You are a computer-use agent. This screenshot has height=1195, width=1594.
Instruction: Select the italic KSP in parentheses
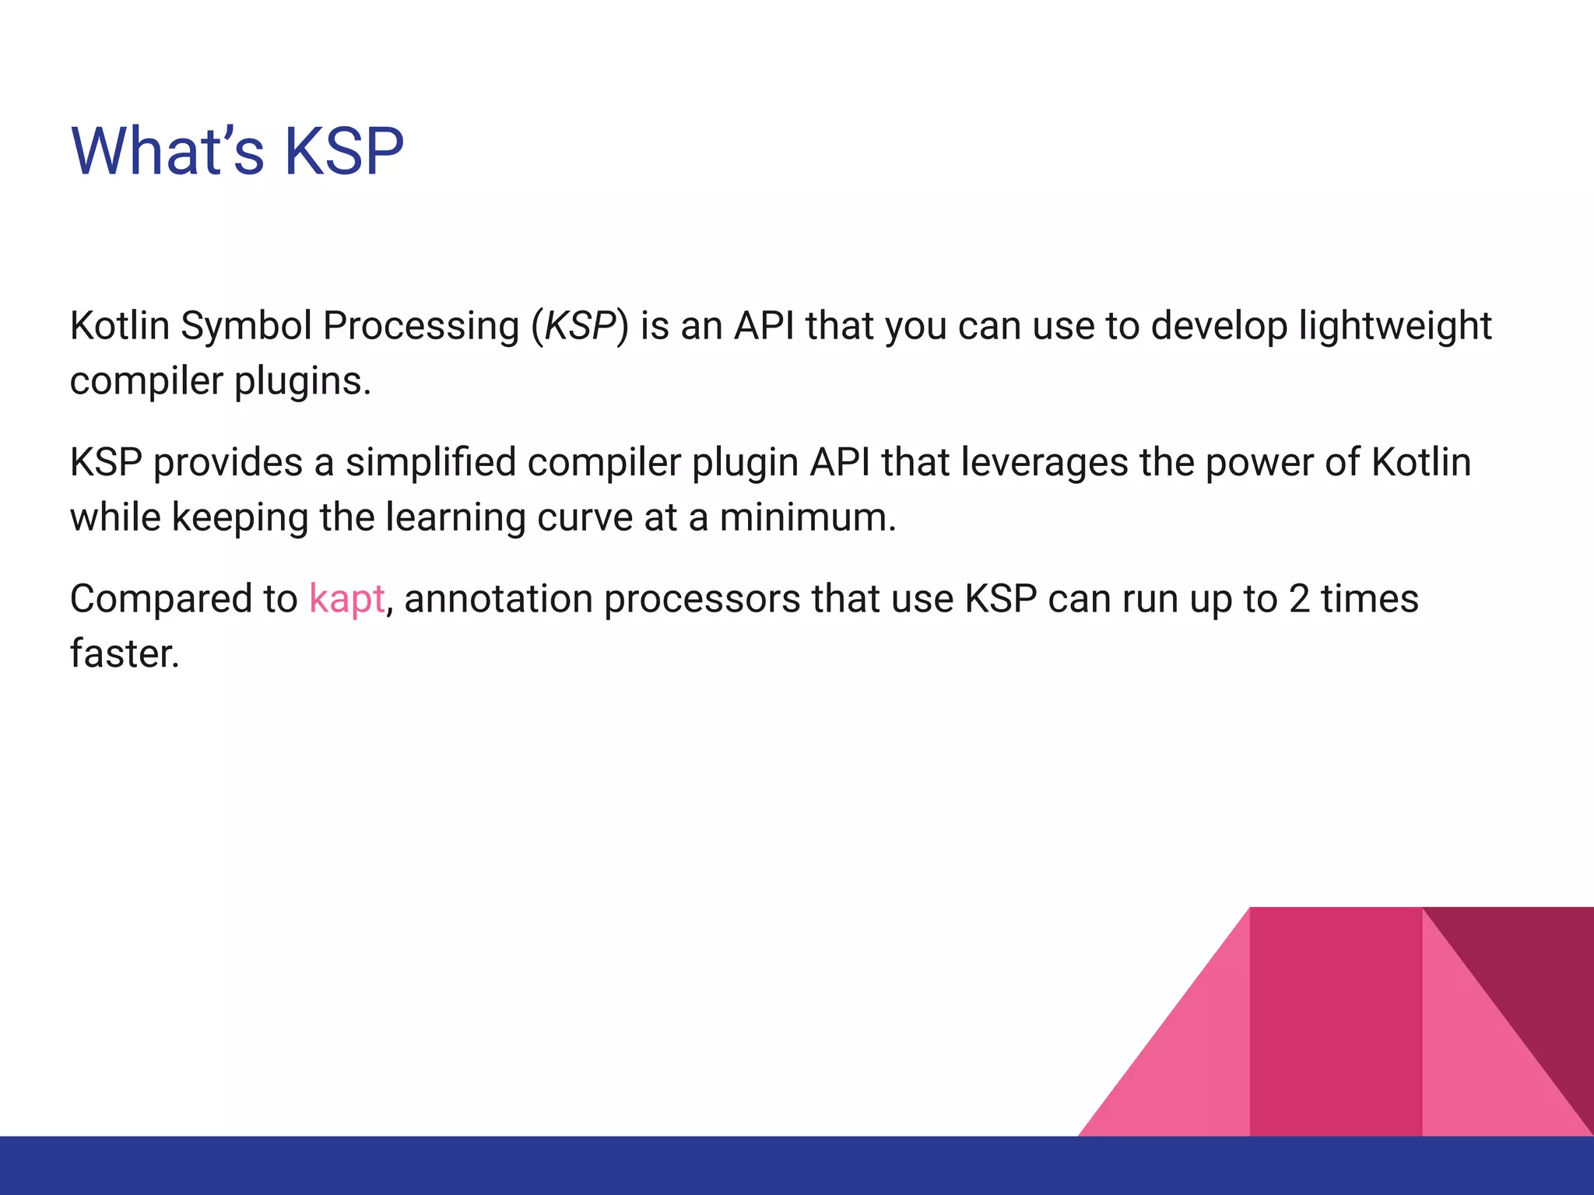pos(580,325)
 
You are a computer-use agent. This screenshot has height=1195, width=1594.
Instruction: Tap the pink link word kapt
pos(346,599)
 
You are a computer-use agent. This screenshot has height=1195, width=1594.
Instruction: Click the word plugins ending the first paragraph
pos(302,382)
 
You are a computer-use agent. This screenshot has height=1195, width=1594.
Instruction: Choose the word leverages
pos(1045,463)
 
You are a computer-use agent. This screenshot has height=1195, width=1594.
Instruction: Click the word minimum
pos(807,517)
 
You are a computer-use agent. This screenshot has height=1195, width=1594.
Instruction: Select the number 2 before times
pos(1299,599)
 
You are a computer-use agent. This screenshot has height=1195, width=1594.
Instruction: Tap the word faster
pos(125,654)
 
